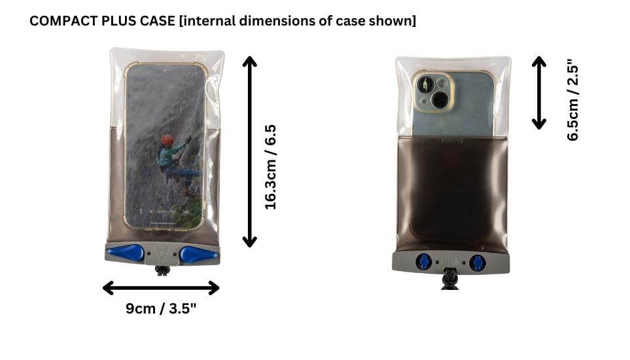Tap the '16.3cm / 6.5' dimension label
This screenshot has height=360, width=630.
tap(271, 167)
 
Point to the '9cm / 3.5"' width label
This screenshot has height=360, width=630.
tap(161, 308)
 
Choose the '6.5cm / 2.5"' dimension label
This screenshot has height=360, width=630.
tap(573, 99)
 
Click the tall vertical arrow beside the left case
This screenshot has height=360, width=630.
tap(249, 151)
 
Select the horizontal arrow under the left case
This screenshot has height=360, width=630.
tap(161, 288)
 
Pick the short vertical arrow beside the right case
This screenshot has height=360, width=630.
tap(539, 93)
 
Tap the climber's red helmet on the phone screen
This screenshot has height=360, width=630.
tap(167, 140)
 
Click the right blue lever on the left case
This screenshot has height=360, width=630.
tap(194, 255)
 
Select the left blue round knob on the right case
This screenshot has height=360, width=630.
tap(424, 262)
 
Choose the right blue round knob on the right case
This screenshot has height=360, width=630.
tap(478, 262)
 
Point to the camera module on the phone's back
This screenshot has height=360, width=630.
tap(434, 92)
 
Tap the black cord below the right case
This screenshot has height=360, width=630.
tap(449, 279)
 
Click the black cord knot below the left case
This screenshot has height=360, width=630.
tap(162, 271)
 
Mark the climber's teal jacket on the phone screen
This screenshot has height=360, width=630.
tap(168, 156)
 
